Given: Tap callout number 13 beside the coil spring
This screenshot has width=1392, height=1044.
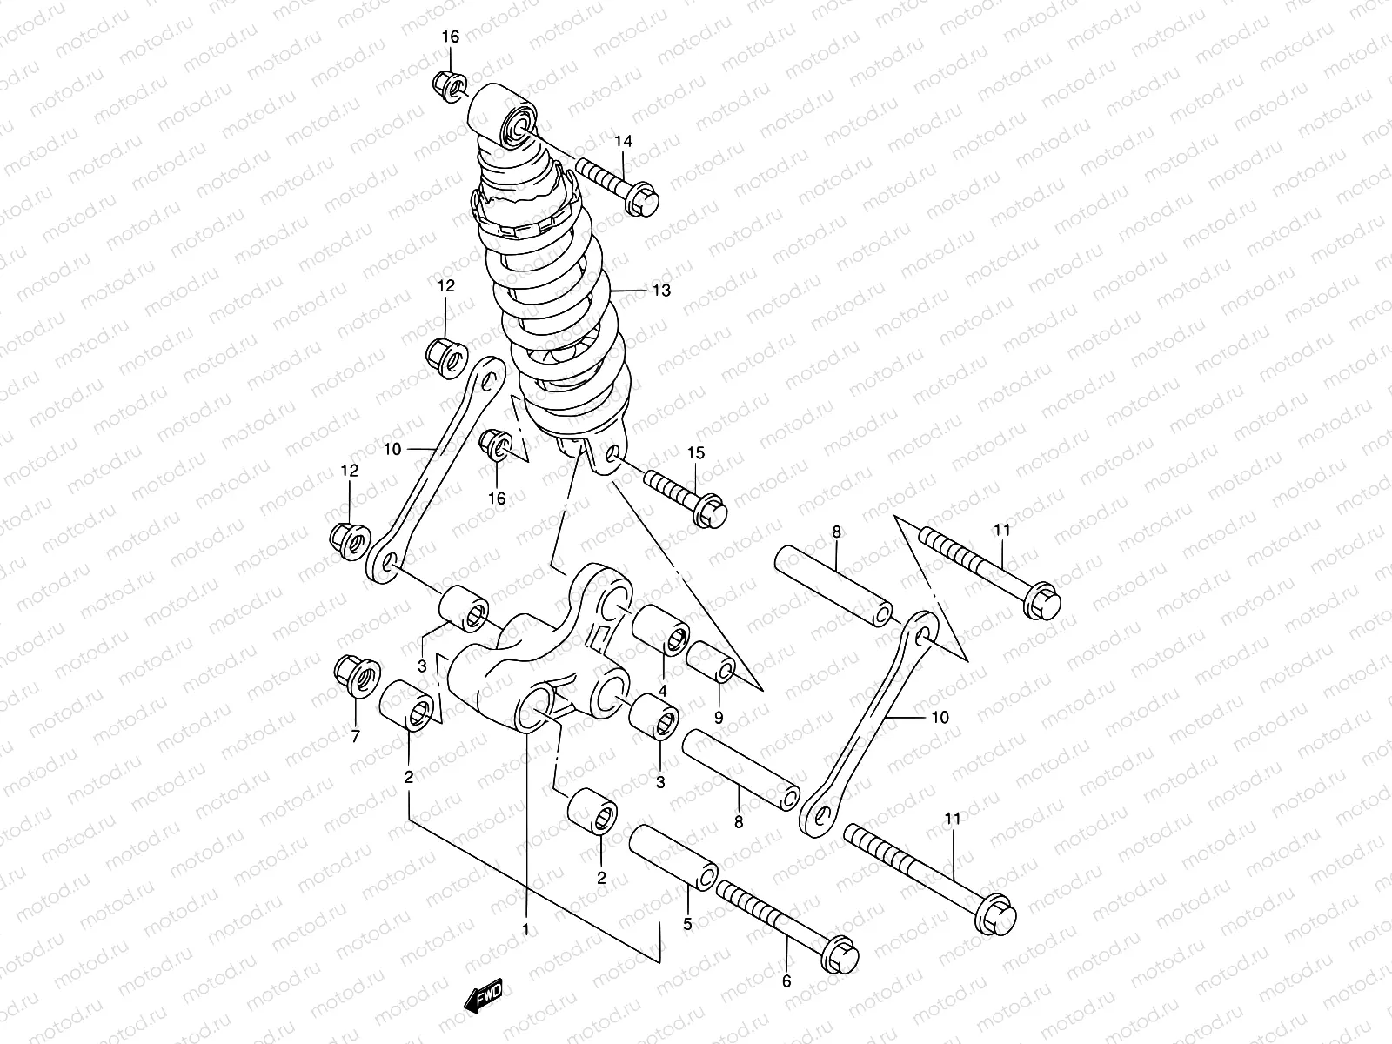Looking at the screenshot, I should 661,291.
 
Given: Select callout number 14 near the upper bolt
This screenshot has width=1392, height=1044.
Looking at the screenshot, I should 648,142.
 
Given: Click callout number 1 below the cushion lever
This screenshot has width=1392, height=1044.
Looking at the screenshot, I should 525,929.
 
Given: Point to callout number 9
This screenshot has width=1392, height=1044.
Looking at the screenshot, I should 719,719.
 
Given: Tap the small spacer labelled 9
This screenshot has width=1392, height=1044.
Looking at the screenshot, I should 711,660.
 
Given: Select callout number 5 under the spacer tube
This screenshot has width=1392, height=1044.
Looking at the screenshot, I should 687,925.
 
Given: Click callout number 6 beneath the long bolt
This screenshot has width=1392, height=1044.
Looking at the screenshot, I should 787,981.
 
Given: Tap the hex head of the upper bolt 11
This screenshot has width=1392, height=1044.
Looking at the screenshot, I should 1041,602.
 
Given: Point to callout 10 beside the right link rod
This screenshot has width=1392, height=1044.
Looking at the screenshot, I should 940,718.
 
